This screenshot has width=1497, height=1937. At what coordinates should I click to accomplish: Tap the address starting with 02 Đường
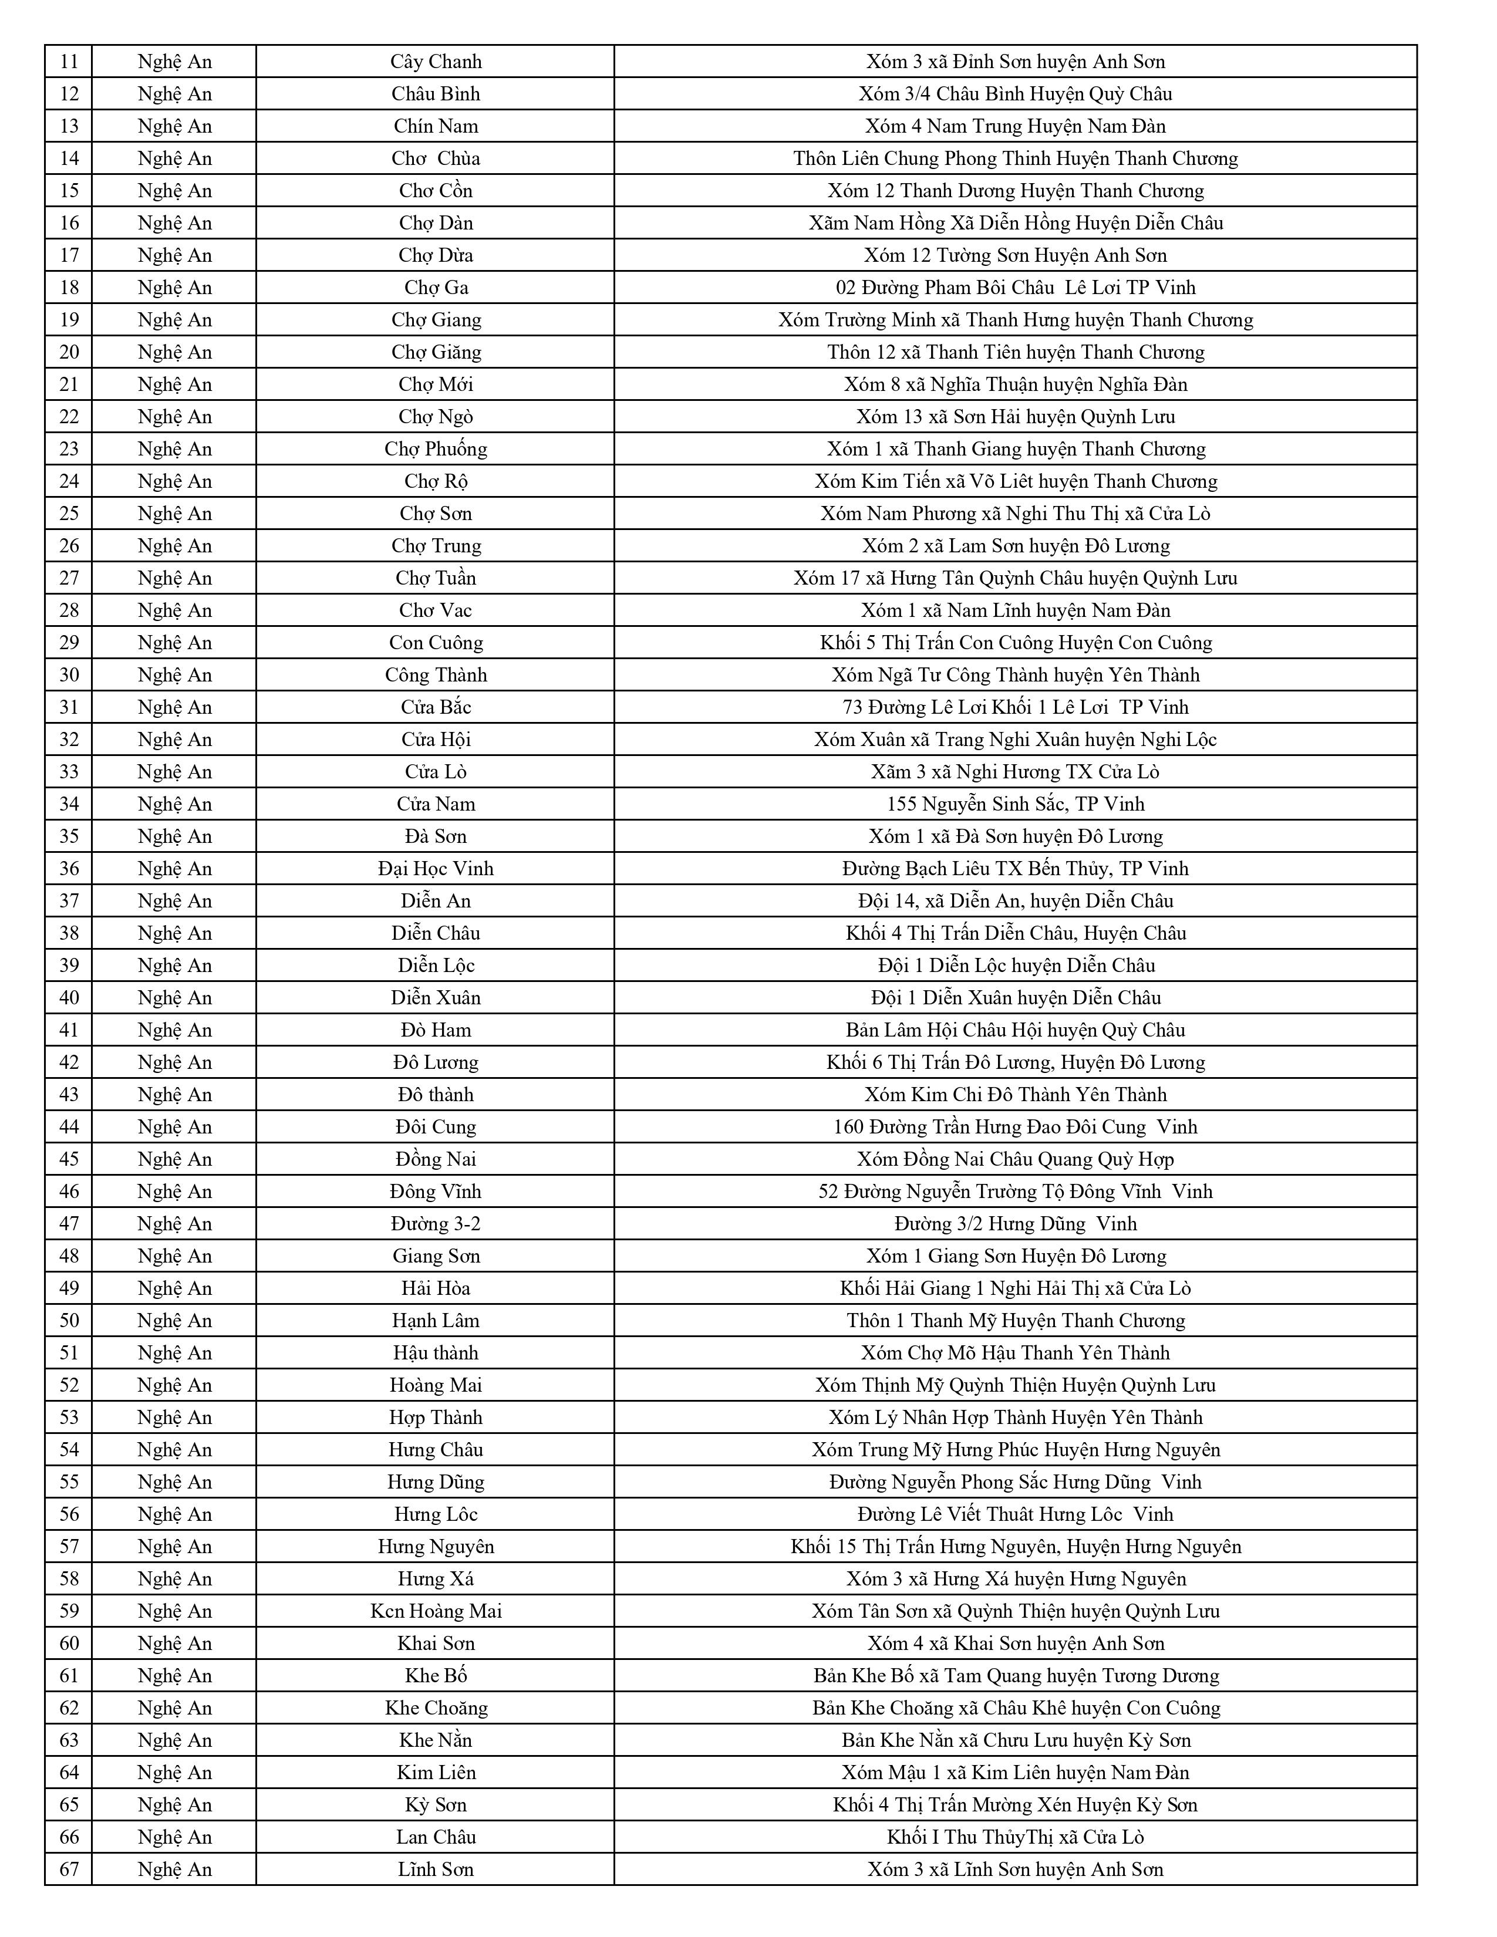[1016, 288]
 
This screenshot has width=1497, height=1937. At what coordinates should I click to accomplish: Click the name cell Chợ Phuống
[436, 449]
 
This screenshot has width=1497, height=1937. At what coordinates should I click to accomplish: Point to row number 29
[69, 643]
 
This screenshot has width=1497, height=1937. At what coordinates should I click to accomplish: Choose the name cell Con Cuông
[436, 643]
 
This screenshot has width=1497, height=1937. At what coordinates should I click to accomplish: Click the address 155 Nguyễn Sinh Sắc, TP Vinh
[1016, 804]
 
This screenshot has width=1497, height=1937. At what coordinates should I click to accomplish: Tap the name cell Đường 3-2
[436, 1224]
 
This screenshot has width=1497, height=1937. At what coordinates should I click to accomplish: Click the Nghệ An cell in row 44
[175, 1127]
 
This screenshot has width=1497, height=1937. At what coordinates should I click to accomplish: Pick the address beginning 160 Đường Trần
[1016, 1127]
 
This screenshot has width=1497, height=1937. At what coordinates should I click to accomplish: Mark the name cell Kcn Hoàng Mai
[436, 1611]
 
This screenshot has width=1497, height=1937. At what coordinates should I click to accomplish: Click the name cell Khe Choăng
[436, 1708]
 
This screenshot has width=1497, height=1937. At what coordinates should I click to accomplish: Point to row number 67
[69, 1869]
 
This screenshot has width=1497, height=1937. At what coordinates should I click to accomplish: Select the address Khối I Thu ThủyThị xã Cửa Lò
[1016, 1837]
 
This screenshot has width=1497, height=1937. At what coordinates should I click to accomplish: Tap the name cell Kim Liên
[436, 1773]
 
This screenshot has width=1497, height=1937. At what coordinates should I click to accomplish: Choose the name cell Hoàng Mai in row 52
[436, 1385]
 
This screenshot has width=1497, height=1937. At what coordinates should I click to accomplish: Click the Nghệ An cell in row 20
[175, 352]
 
